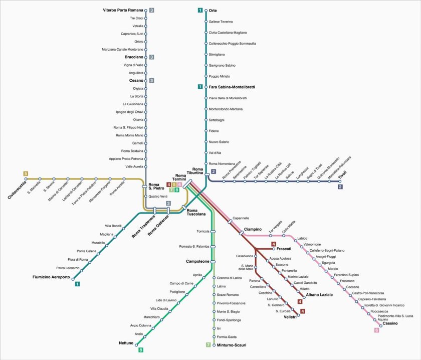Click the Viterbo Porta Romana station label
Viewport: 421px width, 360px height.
tap(123, 10)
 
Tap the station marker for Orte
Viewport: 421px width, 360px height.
tap(206, 11)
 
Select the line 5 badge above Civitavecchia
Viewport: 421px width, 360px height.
tap(26, 173)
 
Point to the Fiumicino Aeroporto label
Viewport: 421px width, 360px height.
tap(51, 277)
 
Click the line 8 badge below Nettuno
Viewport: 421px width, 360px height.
tap(141, 350)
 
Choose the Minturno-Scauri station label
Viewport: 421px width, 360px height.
tap(232, 345)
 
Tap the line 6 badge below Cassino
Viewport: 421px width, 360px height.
tap(377, 330)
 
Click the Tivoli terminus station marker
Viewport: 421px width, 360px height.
tap(340, 182)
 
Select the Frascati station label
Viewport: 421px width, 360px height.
tap(284, 249)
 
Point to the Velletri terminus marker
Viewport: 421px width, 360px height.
tap(298, 315)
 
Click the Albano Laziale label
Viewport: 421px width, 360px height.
tap(319, 295)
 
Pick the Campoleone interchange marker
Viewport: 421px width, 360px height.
tap(213, 262)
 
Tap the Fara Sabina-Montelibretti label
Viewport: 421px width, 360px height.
tap(232, 87)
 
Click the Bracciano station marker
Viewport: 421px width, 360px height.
tap(146, 57)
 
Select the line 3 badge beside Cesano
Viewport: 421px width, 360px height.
tap(152, 80)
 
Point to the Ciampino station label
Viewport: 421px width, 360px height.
tap(253, 229)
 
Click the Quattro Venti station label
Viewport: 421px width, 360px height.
tap(158, 197)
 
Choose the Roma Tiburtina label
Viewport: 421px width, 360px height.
tap(197, 171)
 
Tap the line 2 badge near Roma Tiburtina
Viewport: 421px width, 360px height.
tap(214, 171)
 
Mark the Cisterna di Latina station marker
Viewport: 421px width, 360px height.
tap(214, 278)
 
